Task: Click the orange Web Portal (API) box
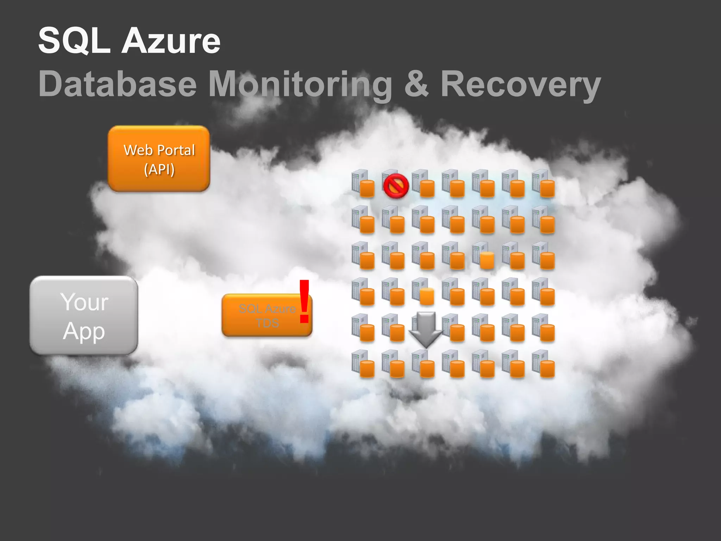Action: [159, 158]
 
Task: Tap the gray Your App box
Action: [84, 315]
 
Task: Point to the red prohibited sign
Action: [396, 186]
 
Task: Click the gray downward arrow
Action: [425, 329]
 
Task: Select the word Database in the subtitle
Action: [117, 84]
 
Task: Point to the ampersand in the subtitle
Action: [416, 84]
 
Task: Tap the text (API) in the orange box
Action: [159, 169]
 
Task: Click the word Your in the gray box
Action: [84, 302]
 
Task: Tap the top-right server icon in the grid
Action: [543, 183]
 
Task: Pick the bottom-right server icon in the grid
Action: [543, 363]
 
